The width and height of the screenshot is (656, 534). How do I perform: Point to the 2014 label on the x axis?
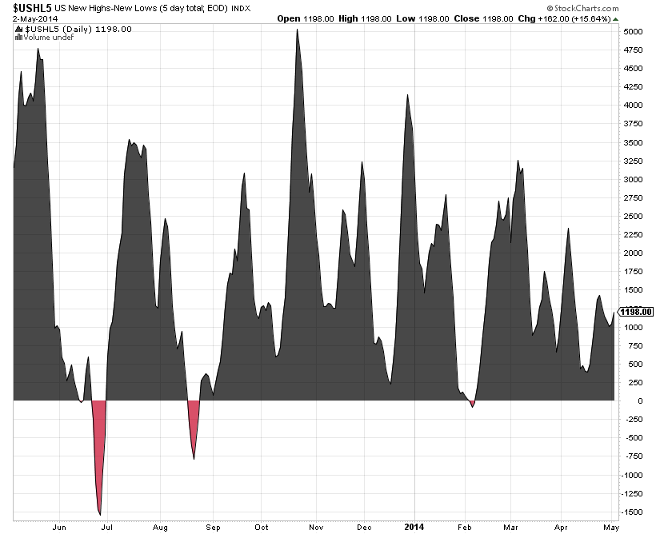tap(414, 528)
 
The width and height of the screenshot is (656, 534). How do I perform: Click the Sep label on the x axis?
tap(212, 528)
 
